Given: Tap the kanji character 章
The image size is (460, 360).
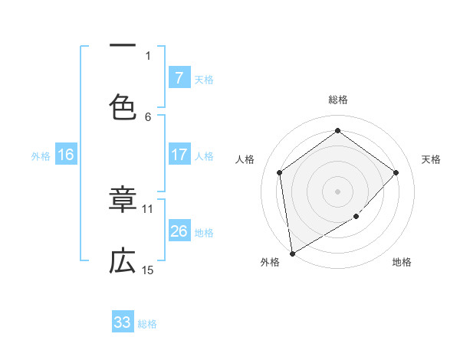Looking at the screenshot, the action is [x=123, y=201].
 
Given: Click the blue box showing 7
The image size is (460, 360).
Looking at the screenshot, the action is [x=179, y=77].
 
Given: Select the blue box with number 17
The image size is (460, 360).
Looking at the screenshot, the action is [x=179, y=155].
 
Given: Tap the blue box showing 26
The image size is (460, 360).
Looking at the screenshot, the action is [x=179, y=231].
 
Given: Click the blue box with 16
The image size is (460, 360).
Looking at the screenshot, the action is [x=66, y=155].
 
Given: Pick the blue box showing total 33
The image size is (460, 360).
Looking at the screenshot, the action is [x=123, y=322].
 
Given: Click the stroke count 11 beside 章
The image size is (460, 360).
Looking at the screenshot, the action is [x=148, y=208].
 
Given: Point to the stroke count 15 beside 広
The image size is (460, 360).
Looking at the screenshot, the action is [x=148, y=270].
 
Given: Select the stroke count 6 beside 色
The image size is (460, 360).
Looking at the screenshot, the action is [x=148, y=116].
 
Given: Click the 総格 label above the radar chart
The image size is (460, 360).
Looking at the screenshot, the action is [x=338, y=100].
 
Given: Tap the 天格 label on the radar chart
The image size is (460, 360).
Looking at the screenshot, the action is [x=431, y=159].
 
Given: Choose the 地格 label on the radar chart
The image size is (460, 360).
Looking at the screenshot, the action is [x=402, y=262].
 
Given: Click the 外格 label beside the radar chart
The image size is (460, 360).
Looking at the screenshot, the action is [x=270, y=262].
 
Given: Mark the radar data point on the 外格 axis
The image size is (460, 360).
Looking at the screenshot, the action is [x=292, y=253].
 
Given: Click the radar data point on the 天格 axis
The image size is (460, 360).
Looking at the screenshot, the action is [x=396, y=172].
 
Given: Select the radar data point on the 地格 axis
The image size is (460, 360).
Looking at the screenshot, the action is [x=356, y=217].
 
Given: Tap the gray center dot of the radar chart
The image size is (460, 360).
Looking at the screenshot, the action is [x=337, y=191].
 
